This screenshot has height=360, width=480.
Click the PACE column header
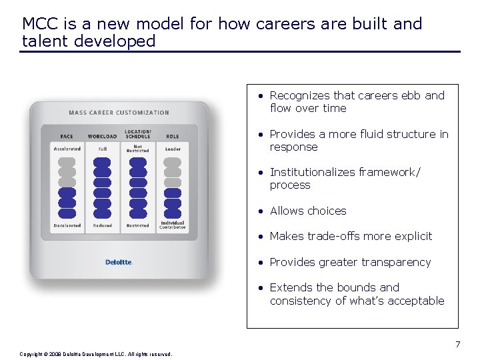pos(67,137)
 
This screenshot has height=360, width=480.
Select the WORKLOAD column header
pos(102,137)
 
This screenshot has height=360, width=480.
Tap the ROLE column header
pos(172,137)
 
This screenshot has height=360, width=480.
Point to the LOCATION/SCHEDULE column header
pos(138,134)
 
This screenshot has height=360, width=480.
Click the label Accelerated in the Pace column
pos(67,149)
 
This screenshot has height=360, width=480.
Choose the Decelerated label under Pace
pos(67,225)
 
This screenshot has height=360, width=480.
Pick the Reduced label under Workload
pos(102,225)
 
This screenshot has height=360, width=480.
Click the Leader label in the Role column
pos(172,149)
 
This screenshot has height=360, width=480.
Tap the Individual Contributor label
pos(172,225)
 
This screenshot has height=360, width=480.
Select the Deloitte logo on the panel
pos(119,262)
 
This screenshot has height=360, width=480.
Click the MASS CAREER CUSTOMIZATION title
pos(119,113)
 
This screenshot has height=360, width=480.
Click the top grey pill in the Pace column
pos(67,162)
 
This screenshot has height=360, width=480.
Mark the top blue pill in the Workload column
pos(102,162)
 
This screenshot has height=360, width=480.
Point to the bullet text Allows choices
pos(308,211)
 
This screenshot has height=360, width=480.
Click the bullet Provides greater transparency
pos(350,262)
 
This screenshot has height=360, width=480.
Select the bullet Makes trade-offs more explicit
pos(351,236)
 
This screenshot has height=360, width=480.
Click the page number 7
pos(457,345)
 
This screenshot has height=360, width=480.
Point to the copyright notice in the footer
pos(96,354)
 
